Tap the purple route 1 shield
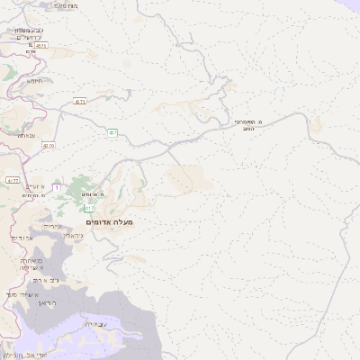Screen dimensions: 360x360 (57, 186)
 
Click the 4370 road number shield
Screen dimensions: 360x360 (47, 146)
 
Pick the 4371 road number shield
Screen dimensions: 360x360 (81, 103)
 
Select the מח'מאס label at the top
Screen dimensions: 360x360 (64, 5)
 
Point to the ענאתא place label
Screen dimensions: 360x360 (25, 135)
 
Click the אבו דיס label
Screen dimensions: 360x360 (22, 238)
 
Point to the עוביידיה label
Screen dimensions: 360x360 (94, 323)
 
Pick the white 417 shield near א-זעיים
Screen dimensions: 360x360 (13, 180)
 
